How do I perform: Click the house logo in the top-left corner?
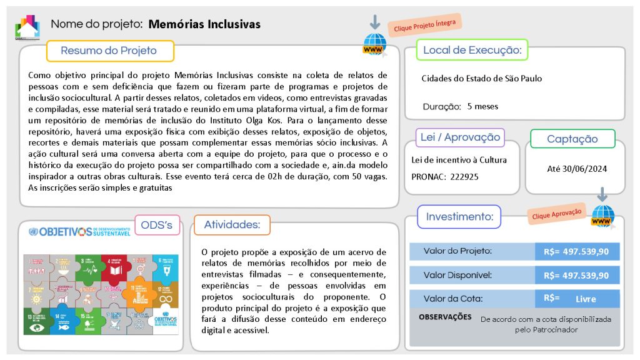point(27,27)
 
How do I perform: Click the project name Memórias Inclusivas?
point(204,24)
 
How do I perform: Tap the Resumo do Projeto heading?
point(109,51)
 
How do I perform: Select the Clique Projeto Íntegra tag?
point(425,26)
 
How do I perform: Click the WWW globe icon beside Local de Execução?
point(374,46)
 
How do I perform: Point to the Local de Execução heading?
point(472,50)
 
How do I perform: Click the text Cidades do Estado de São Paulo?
point(482,79)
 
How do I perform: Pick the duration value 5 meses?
point(482,106)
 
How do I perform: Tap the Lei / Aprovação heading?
point(460,137)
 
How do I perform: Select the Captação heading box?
point(572,139)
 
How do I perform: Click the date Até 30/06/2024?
point(577,168)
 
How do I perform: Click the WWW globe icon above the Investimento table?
point(602,216)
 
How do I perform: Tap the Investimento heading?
point(459,217)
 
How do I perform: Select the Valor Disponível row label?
point(457,275)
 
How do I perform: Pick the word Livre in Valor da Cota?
point(586,299)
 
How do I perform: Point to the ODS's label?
point(157,224)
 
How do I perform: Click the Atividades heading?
point(232,224)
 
